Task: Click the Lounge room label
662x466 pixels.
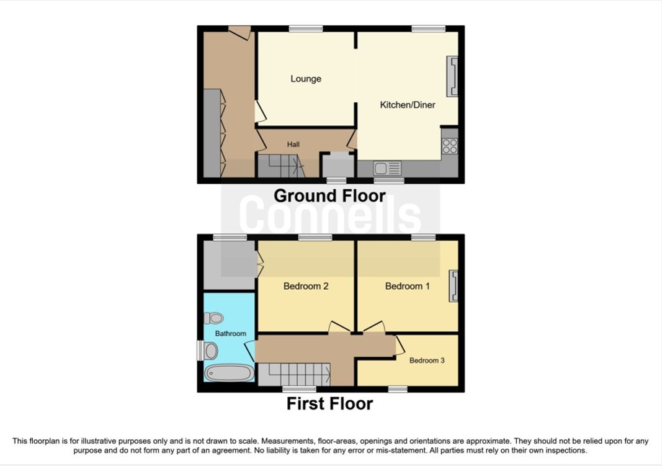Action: point(306,79)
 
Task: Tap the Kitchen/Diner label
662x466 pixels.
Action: point(408,105)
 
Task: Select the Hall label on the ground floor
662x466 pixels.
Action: point(293,145)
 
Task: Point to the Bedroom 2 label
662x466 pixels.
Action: point(306,286)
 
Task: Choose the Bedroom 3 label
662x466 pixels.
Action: point(427,361)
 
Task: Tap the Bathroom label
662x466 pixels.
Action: point(231,333)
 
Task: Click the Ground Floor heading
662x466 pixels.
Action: point(329,196)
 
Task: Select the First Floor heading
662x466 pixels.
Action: point(329,404)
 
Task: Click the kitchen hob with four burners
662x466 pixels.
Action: point(450,146)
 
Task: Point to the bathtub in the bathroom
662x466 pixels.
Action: point(229,372)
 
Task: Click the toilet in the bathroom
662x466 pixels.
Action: point(213,318)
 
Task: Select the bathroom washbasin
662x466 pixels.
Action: point(210,351)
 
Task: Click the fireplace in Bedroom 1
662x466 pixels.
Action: point(454,286)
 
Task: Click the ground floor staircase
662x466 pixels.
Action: point(279,166)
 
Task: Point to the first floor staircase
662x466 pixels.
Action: point(294,374)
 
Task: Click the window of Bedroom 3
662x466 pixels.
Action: point(398,389)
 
